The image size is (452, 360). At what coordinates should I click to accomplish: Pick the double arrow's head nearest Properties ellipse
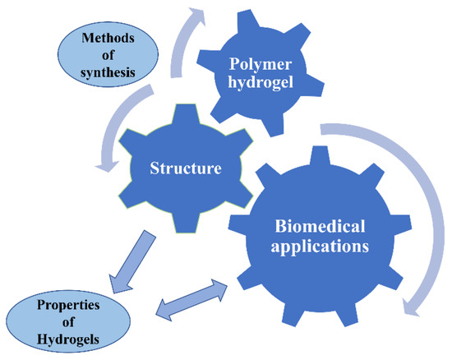pyautogui.click(x=162, y=311)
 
